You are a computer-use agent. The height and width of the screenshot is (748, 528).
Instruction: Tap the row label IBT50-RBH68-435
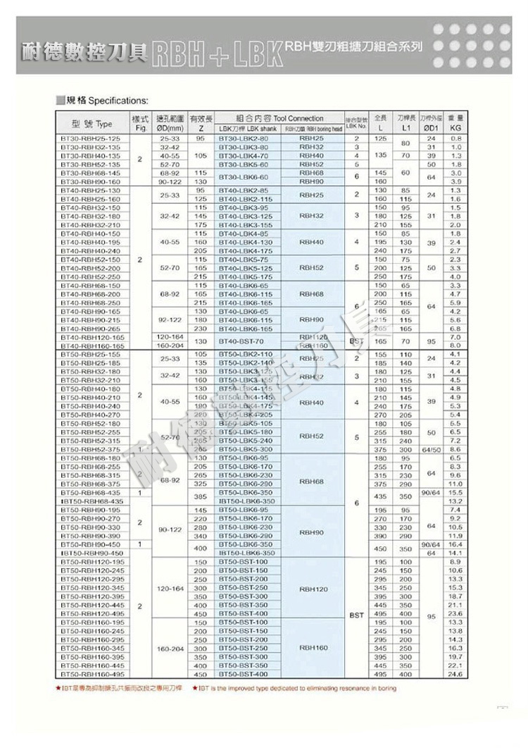pyautogui.click(x=92, y=501)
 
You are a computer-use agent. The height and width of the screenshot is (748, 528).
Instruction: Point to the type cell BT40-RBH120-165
pyautogui.click(x=92, y=338)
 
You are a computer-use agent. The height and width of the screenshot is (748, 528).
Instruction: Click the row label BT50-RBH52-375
pyautogui.click(x=92, y=449)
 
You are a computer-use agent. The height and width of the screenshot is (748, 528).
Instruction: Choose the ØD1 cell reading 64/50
pyautogui.click(x=429, y=449)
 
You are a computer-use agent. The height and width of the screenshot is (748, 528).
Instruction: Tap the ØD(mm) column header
pyautogui.click(x=170, y=123)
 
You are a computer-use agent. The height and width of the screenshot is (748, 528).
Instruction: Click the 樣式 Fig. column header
pyautogui.click(x=139, y=123)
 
